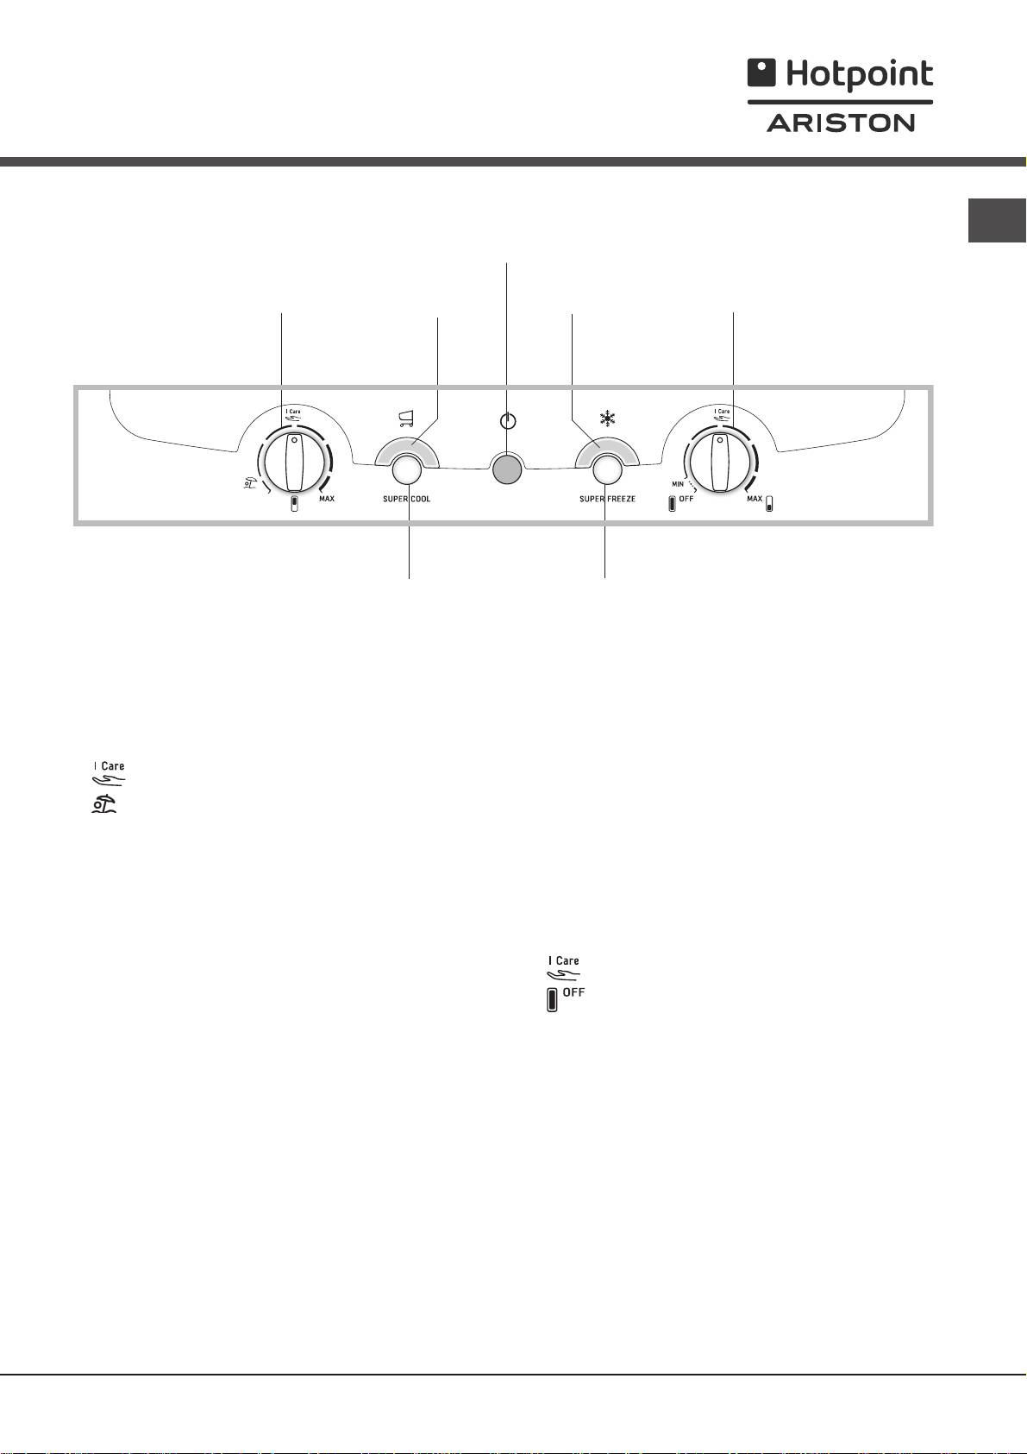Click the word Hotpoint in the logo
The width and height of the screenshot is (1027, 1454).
(x=860, y=75)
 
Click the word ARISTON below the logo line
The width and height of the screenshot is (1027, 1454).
(x=841, y=123)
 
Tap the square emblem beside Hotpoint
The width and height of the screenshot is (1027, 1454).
(x=761, y=72)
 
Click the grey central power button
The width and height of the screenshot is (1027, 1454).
(x=507, y=469)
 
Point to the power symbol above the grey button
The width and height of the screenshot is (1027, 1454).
(x=508, y=420)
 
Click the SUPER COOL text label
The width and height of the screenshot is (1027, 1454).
(x=406, y=499)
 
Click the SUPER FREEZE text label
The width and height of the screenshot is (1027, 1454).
(x=607, y=499)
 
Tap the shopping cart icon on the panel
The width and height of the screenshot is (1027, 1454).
(x=405, y=419)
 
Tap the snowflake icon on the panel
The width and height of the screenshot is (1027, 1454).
(x=607, y=419)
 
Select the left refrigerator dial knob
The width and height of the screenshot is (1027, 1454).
(x=295, y=463)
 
